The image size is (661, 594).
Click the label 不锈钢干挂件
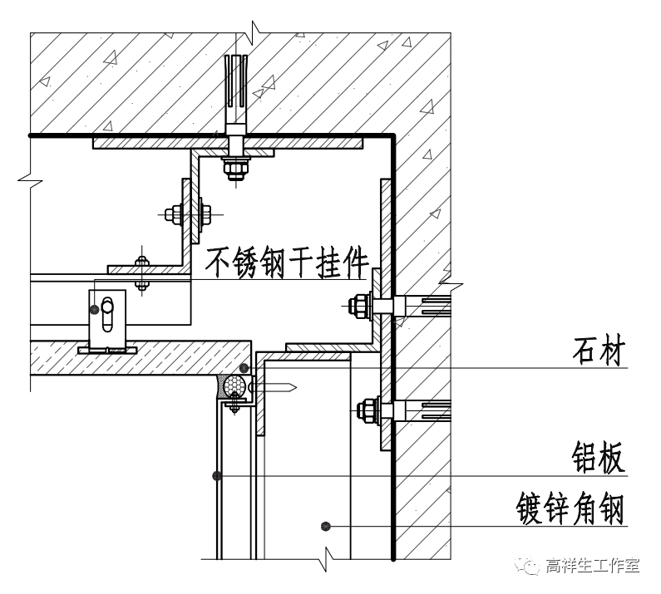[x=287, y=263]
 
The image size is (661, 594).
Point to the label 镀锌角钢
[x=569, y=508]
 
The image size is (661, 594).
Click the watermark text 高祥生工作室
[x=593, y=567]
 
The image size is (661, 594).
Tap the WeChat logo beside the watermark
[x=529, y=567]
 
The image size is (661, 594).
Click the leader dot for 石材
[x=244, y=368]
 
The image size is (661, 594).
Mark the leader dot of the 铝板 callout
[x=216, y=476]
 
